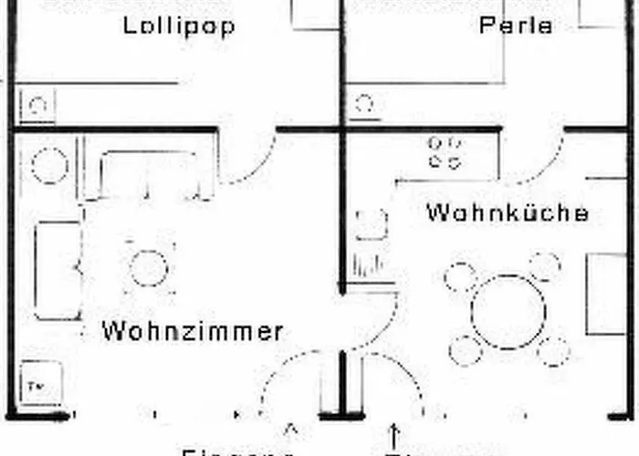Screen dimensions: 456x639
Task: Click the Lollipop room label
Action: [179, 25]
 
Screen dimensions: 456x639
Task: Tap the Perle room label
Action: [516, 25]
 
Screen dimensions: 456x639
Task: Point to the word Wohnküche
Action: [508, 214]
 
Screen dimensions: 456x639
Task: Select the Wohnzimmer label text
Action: [193, 331]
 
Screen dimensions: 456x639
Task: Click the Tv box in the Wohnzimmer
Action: [39, 384]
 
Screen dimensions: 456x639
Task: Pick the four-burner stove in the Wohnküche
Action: [445, 152]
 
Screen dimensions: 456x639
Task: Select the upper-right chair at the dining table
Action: [545, 267]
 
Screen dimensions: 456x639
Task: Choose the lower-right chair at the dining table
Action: [553, 350]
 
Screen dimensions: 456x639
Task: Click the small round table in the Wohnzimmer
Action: [149, 268]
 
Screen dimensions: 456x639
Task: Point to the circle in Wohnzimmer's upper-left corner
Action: [49, 167]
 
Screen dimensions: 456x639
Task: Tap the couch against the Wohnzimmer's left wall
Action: [58, 269]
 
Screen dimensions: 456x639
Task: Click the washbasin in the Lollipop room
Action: [37, 105]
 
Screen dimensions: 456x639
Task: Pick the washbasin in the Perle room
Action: [365, 103]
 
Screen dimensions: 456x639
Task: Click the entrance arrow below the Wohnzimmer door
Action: [292, 428]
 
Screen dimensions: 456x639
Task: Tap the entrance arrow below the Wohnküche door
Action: [394, 431]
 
